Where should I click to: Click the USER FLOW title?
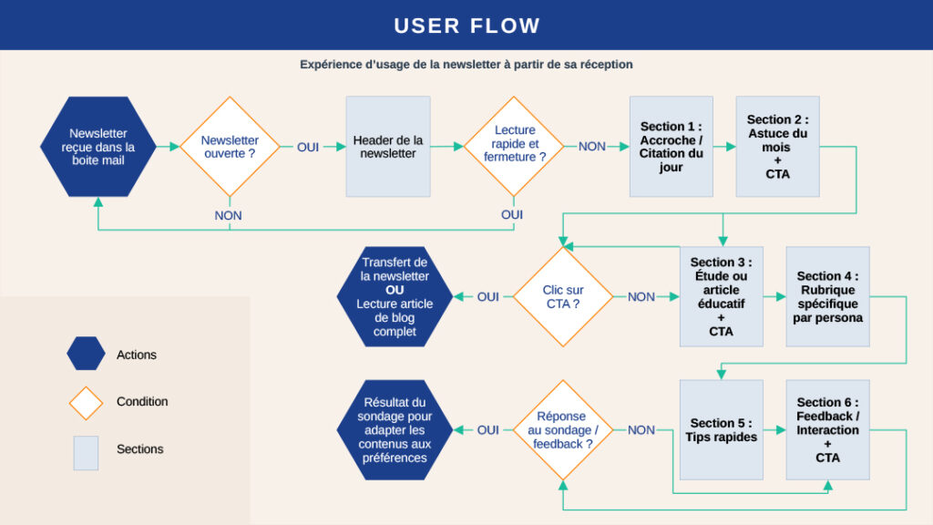pyautogui.click(x=466, y=26)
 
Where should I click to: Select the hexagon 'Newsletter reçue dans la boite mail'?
pyautogui.click(x=97, y=147)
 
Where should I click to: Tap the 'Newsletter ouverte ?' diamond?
pyautogui.click(x=230, y=147)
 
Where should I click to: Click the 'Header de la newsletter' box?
pyautogui.click(x=388, y=147)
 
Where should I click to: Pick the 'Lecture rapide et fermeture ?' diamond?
pyautogui.click(x=515, y=145)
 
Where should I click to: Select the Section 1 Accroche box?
pyautogui.click(x=672, y=147)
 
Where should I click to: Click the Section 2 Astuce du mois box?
pyautogui.click(x=777, y=147)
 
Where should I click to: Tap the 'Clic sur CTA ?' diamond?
pyautogui.click(x=562, y=296)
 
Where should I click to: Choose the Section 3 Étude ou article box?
pyautogui.click(x=721, y=296)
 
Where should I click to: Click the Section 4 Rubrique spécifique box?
pyautogui.click(x=827, y=296)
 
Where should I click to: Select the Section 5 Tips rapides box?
pyautogui.click(x=721, y=429)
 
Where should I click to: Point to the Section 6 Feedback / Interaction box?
pyautogui.click(x=827, y=429)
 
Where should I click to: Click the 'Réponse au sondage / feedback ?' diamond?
pyautogui.click(x=562, y=429)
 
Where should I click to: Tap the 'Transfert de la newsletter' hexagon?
pyautogui.click(x=395, y=296)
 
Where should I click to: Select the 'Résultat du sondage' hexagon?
pyautogui.click(x=395, y=429)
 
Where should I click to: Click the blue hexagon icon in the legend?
pyautogui.click(x=86, y=354)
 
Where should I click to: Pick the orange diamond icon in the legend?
pyautogui.click(x=86, y=402)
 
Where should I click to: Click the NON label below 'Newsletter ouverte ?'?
pyautogui.click(x=229, y=215)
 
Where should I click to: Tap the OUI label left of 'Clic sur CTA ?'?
pyautogui.click(x=488, y=296)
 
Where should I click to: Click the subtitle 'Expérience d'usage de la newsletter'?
pyautogui.click(x=466, y=65)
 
